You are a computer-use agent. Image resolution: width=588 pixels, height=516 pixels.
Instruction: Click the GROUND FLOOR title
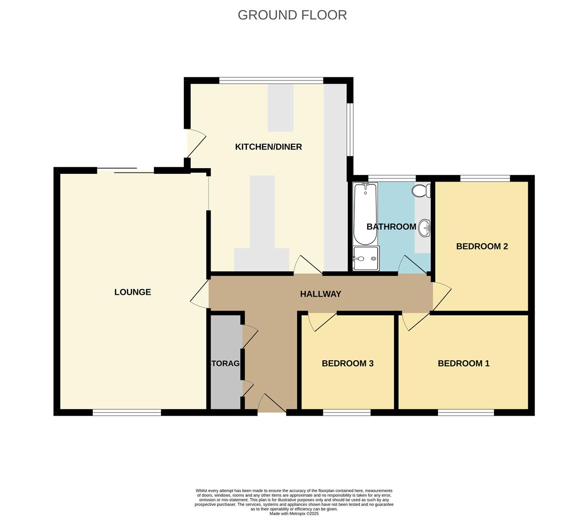point(292,15)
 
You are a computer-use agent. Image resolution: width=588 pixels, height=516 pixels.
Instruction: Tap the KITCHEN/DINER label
point(268,147)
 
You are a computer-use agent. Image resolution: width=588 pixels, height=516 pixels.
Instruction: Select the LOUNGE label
point(132,292)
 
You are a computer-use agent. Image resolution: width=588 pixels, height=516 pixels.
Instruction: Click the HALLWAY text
point(321,294)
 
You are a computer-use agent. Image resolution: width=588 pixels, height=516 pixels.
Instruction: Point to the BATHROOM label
point(391,226)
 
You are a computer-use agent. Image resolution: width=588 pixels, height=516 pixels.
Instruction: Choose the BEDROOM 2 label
point(481,247)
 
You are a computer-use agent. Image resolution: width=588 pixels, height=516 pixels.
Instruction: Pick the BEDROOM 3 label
point(347,364)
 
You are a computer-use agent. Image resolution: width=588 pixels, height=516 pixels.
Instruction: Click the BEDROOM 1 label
point(463,364)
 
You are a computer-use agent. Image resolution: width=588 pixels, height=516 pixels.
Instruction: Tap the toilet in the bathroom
point(421,191)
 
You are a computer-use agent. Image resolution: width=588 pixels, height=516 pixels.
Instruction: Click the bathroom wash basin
point(424,228)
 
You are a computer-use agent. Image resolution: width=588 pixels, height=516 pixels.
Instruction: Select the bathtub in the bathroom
point(365,214)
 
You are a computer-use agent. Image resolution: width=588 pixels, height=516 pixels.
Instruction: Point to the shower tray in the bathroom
point(366,258)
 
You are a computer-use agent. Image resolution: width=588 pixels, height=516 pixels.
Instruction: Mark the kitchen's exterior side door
point(196,143)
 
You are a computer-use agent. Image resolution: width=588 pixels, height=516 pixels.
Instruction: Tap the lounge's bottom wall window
point(127,413)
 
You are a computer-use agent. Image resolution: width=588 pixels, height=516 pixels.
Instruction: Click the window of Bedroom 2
point(485,179)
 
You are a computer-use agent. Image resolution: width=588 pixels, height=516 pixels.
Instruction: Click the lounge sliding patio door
point(126,170)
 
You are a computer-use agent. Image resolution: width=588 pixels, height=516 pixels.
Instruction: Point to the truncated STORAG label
point(225,364)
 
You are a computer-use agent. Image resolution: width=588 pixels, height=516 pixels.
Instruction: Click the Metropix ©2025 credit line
point(294,514)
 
